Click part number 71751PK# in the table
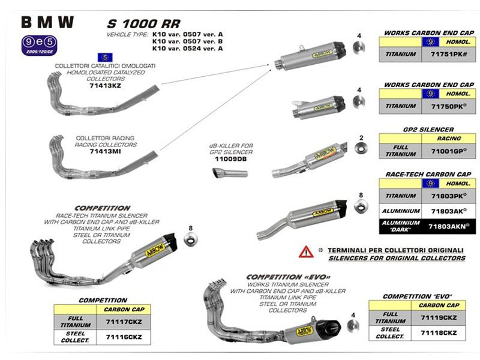click(449, 54)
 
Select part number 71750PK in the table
click(449, 106)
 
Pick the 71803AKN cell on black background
click(449, 226)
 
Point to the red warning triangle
click(306, 251)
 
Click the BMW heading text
click(48, 22)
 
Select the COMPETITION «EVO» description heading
click(289, 277)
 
